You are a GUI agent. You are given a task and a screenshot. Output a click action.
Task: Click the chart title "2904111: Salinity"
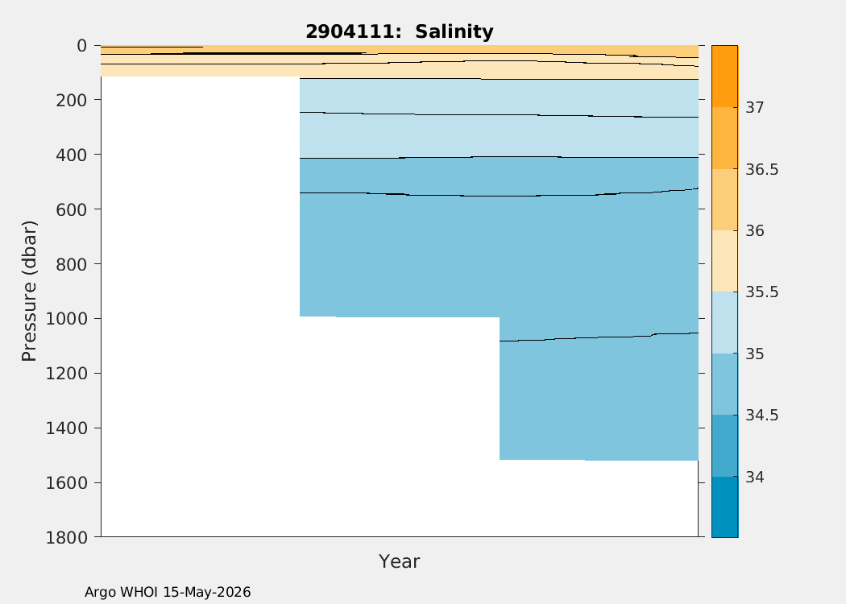click(x=400, y=31)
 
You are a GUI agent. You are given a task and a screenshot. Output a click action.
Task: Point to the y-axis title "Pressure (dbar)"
click(x=28, y=292)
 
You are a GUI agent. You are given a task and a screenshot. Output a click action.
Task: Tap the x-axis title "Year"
click(x=400, y=561)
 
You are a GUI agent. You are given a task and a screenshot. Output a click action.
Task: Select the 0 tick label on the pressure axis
click(x=82, y=46)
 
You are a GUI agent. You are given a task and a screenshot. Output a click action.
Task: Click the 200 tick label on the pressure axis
click(x=71, y=100)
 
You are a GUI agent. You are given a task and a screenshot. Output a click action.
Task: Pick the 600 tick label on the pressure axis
click(x=71, y=209)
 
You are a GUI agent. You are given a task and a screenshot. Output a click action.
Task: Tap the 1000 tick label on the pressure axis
click(x=66, y=319)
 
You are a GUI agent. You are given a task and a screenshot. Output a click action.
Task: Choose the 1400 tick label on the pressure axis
click(x=66, y=428)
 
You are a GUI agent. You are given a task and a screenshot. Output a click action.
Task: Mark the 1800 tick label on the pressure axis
click(x=66, y=537)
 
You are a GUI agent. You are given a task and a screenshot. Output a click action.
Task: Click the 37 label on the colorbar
click(x=755, y=107)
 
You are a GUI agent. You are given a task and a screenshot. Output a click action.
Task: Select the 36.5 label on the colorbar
click(x=762, y=169)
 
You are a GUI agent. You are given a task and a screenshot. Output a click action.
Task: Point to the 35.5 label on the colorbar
click(x=762, y=292)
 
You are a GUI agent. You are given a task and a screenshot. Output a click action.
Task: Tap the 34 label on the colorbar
click(x=755, y=478)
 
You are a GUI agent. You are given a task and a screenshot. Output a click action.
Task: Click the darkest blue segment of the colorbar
click(x=724, y=507)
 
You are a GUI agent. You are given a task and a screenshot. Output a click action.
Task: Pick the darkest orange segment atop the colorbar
click(x=724, y=76)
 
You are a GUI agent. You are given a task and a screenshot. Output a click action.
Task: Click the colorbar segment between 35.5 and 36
click(x=724, y=261)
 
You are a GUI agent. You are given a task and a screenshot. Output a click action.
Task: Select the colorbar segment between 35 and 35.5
click(x=724, y=322)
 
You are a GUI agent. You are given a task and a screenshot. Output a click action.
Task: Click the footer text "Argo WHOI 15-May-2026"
click(x=168, y=592)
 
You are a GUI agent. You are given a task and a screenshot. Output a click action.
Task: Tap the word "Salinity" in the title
click(x=454, y=31)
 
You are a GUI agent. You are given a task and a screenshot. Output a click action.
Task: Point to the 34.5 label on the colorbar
click(x=762, y=416)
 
